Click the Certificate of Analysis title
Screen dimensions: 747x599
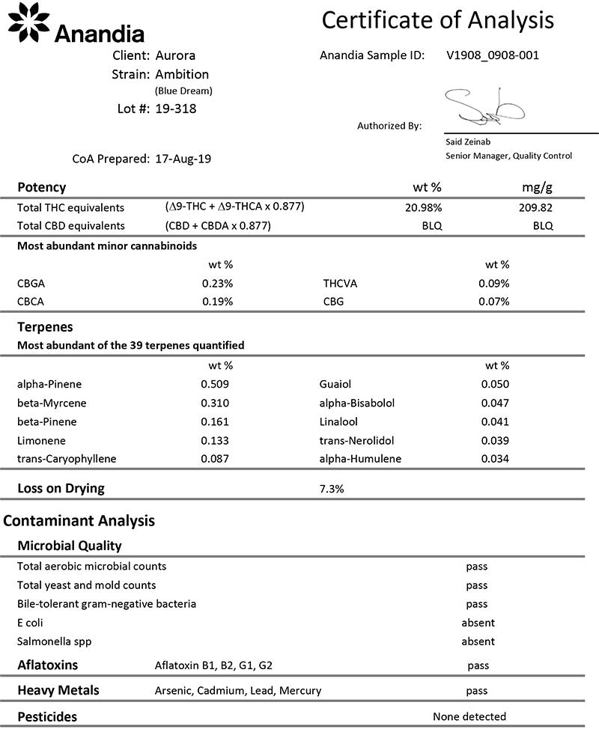pos(438,20)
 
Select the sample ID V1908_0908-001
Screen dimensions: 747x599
pos(492,55)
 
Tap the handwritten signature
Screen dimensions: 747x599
pos(478,109)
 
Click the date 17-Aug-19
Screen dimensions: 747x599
pos(183,159)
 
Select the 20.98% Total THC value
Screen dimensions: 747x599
pos(424,207)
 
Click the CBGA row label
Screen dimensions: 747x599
pos(31,284)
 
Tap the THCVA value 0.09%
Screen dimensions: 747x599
pos(494,284)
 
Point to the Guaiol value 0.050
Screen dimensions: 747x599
pos(494,385)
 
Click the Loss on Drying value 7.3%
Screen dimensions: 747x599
pos(331,489)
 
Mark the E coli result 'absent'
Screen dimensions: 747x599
pos(478,623)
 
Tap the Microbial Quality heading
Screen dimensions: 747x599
pos(69,546)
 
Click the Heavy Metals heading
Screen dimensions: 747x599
pos(58,690)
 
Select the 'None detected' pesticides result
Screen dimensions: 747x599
pos(469,716)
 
